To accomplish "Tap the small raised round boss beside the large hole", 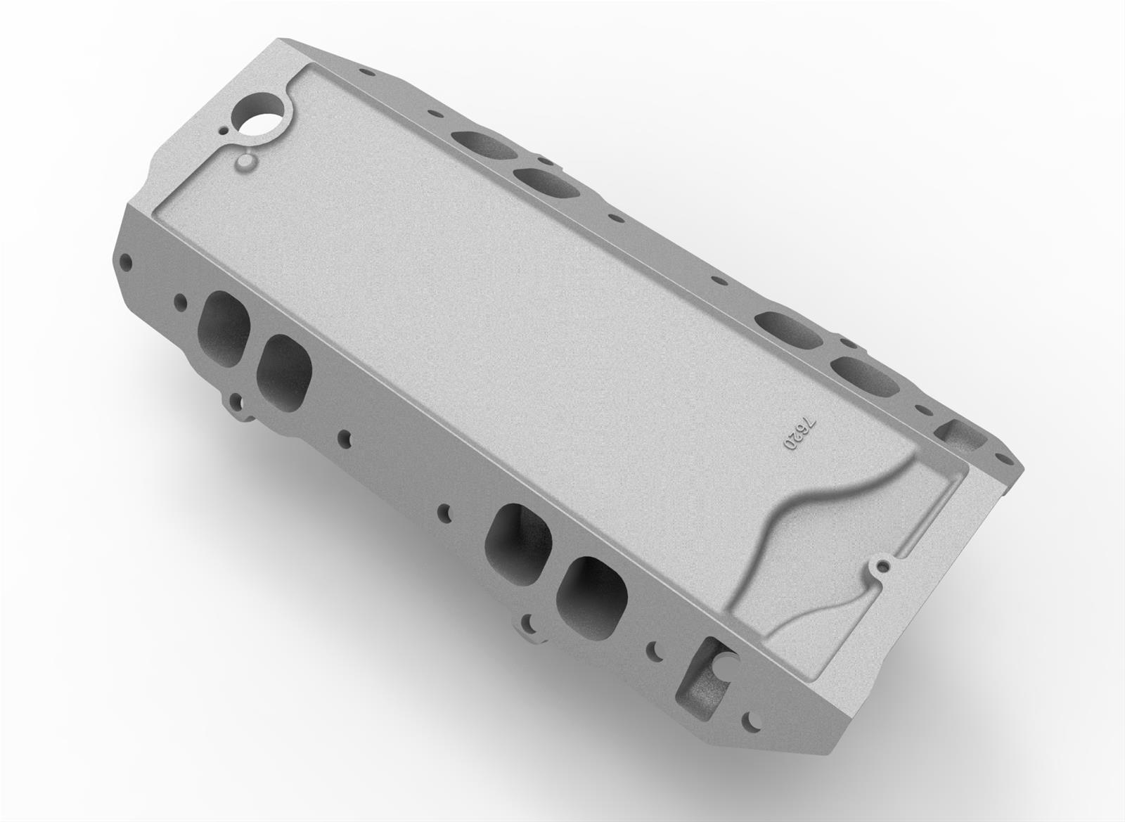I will coord(245,165).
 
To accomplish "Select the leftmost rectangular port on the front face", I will coord(224,326).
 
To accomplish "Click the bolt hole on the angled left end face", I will coord(127,262).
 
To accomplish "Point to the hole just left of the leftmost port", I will coord(181,304).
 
